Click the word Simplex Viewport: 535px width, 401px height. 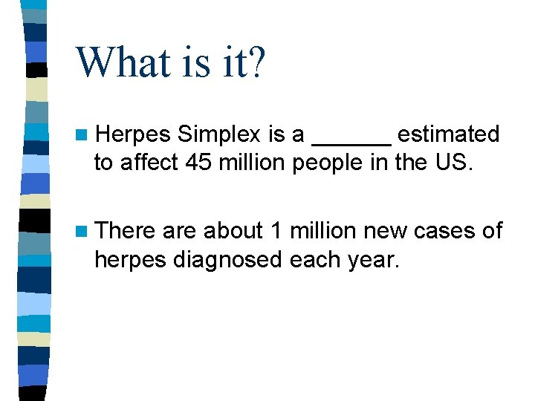click(220, 135)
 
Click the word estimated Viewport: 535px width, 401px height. click(448, 135)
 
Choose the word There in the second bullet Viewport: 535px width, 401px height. click(126, 232)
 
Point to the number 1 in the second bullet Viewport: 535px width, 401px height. click(276, 232)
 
